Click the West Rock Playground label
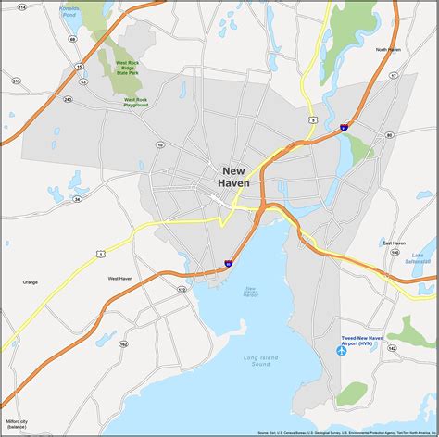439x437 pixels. [x=135, y=102]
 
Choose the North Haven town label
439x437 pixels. [x=387, y=49]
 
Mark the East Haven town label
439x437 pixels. [x=394, y=243]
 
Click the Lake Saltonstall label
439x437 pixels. [x=422, y=256]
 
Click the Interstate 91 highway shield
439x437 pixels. [x=344, y=127]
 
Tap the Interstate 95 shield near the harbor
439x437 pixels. [x=228, y=264]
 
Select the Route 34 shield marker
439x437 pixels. [x=77, y=198]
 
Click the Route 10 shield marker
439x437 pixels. [x=160, y=144]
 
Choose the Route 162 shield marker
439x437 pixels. [x=123, y=343]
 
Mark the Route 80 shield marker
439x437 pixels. [x=389, y=135]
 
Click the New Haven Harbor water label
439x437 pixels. [x=250, y=293]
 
